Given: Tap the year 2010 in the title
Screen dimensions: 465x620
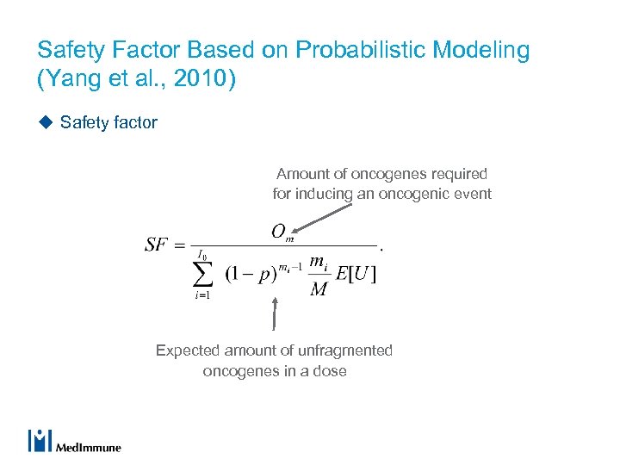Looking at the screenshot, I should [207, 79].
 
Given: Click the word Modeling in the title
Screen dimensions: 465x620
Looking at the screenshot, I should [483, 50].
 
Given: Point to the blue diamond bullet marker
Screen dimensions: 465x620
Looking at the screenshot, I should [45, 122].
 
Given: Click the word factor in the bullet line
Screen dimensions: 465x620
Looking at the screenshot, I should [134, 122].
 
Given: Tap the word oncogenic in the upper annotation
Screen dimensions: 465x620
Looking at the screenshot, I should [416, 194].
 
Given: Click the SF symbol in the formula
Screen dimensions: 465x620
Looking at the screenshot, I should [157, 245].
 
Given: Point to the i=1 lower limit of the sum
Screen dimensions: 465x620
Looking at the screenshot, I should [203, 295].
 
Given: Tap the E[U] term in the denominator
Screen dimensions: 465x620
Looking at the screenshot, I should [356, 275].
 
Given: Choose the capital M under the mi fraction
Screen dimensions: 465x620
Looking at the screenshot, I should [318, 289].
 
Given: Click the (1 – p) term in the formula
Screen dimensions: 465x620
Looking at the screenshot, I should [251, 275].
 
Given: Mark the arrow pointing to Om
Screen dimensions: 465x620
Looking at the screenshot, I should [323, 216].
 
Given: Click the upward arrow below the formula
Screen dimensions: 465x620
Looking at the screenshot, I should [275, 314].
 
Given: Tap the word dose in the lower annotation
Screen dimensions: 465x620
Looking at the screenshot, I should [329, 371].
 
